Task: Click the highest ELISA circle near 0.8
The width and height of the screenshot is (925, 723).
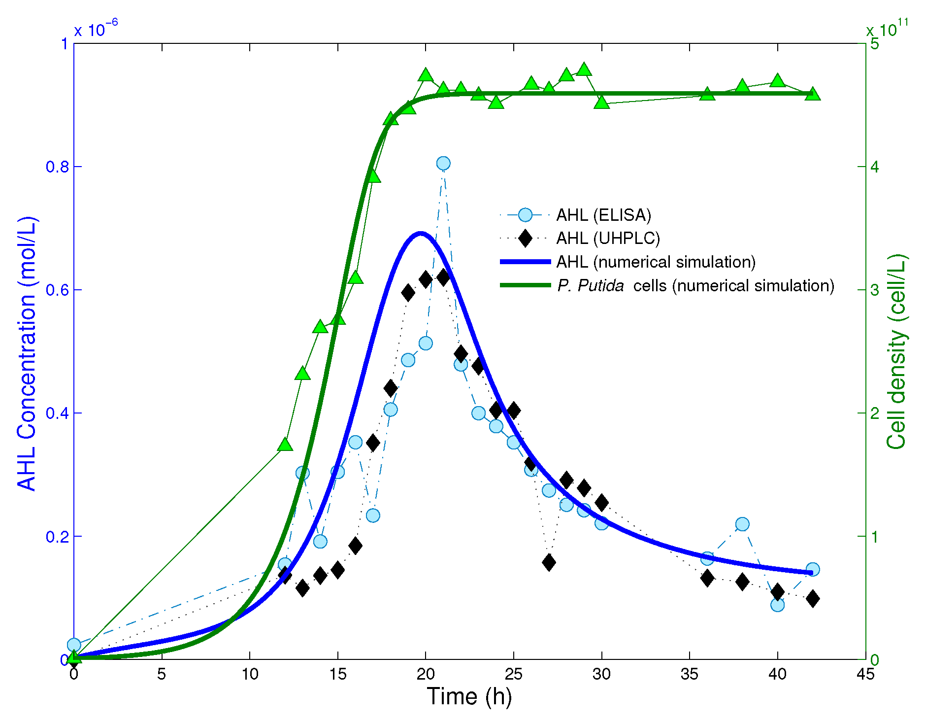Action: coord(443,163)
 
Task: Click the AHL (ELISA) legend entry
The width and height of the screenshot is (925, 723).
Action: coord(603,215)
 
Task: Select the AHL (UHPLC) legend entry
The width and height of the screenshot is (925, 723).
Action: coord(608,239)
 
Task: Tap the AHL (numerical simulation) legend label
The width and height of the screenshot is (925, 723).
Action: coord(656,262)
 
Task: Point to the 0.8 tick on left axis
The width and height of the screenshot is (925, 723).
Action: coord(57,167)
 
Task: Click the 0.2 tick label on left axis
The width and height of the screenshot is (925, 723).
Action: coord(57,537)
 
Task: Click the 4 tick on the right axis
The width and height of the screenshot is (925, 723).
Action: coord(875,167)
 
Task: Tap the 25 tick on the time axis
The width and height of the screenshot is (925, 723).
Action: coord(513,674)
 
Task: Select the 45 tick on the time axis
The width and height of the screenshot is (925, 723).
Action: coord(865,674)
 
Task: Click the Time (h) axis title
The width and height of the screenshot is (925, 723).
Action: coord(469,697)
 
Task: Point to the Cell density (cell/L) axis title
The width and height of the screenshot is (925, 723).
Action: coord(896,351)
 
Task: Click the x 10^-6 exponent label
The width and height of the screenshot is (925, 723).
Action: coord(96,29)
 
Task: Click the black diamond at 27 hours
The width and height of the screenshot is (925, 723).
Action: coord(549,562)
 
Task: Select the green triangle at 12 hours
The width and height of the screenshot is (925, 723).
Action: coord(285,445)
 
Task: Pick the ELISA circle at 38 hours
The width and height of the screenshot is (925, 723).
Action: coord(742,524)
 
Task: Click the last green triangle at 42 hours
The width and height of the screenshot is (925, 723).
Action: coord(813,94)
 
